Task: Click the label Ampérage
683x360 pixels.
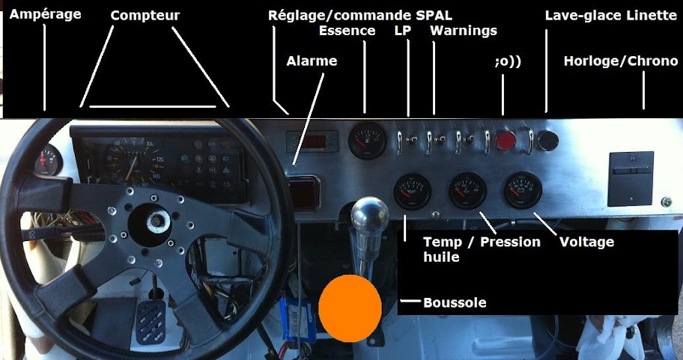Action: (45, 15)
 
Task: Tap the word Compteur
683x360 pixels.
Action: (145, 16)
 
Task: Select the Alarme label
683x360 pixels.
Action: (312, 61)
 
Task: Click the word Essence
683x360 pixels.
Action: (347, 31)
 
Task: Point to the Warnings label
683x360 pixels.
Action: (464, 31)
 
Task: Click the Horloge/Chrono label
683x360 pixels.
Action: (621, 61)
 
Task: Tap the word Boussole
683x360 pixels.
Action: (455, 302)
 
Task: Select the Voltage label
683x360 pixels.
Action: (586, 242)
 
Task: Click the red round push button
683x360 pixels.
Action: (506, 141)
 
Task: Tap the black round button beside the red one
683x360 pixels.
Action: (547, 141)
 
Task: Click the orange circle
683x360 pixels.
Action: (350, 308)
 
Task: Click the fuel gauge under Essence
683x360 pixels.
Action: (367, 141)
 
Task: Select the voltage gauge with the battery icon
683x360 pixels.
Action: (523, 190)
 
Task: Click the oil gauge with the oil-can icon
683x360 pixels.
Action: (412, 192)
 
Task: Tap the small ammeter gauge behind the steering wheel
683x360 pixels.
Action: (48, 159)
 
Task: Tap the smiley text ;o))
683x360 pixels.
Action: (508, 62)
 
